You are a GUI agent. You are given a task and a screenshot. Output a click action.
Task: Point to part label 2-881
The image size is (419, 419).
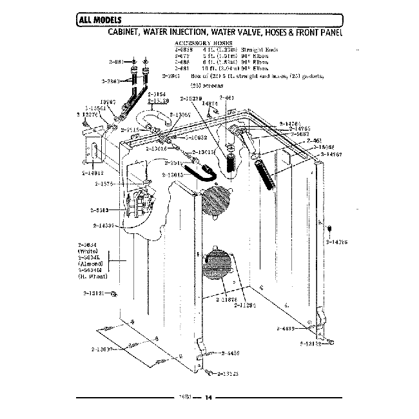click(117, 63)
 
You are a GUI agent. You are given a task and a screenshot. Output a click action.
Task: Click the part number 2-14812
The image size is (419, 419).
click(92, 173)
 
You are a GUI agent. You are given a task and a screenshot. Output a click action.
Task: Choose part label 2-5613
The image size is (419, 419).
click(101, 210)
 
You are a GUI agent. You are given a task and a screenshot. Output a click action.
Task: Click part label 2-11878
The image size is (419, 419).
click(227, 299)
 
